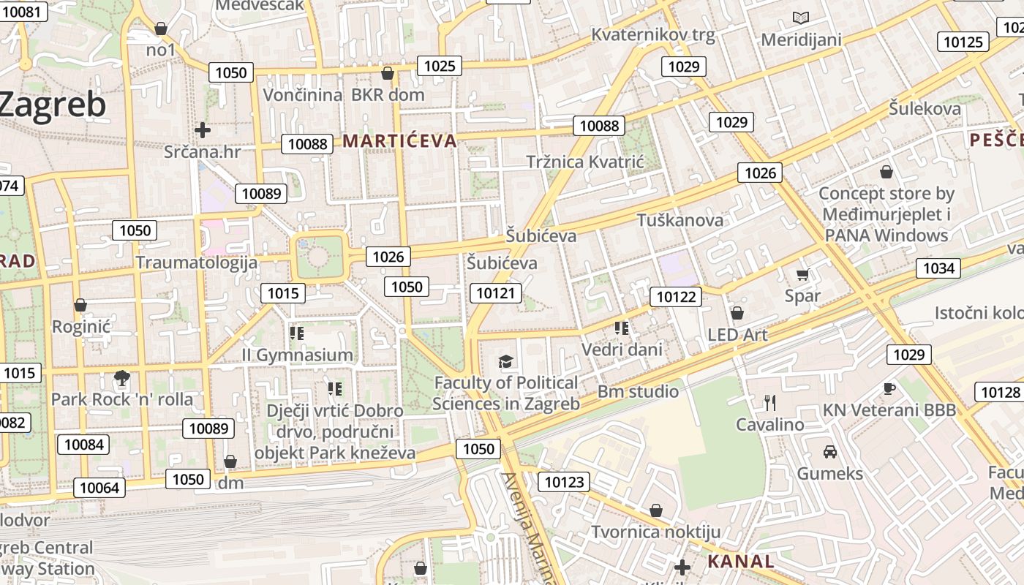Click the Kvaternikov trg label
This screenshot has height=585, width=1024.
(x=653, y=34)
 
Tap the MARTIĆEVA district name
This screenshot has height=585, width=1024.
(x=399, y=141)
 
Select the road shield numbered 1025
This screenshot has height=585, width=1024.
(x=440, y=66)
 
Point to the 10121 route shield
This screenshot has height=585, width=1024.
(x=497, y=293)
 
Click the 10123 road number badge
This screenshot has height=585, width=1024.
(x=563, y=481)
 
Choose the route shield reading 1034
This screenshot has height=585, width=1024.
(x=938, y=268)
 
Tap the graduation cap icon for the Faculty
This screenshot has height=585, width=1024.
(x=505, y=361)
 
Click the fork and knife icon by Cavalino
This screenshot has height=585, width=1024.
(x=769, y=402)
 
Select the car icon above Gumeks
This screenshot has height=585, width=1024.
(x=829, y=451)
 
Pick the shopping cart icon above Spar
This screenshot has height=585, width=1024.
(x=802, y=275)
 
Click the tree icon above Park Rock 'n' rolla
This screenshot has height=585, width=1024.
(x=122, y=378)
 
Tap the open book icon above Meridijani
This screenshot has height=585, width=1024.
(x=801, y=18)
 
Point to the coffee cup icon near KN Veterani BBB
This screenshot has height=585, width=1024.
(x=889, y=388)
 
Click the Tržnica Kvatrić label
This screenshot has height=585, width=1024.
(x=585, y=162)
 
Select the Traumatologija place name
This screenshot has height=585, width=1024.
(x=197, y=263)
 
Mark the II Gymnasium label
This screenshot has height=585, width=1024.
(x=298, y=355)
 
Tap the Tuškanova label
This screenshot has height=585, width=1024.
(x=680, y=220)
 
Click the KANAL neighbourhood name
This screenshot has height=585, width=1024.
(x=741, y=562)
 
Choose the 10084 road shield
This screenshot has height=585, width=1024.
(x=84, y=444)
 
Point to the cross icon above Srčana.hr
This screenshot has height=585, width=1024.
(x=203, y=130)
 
